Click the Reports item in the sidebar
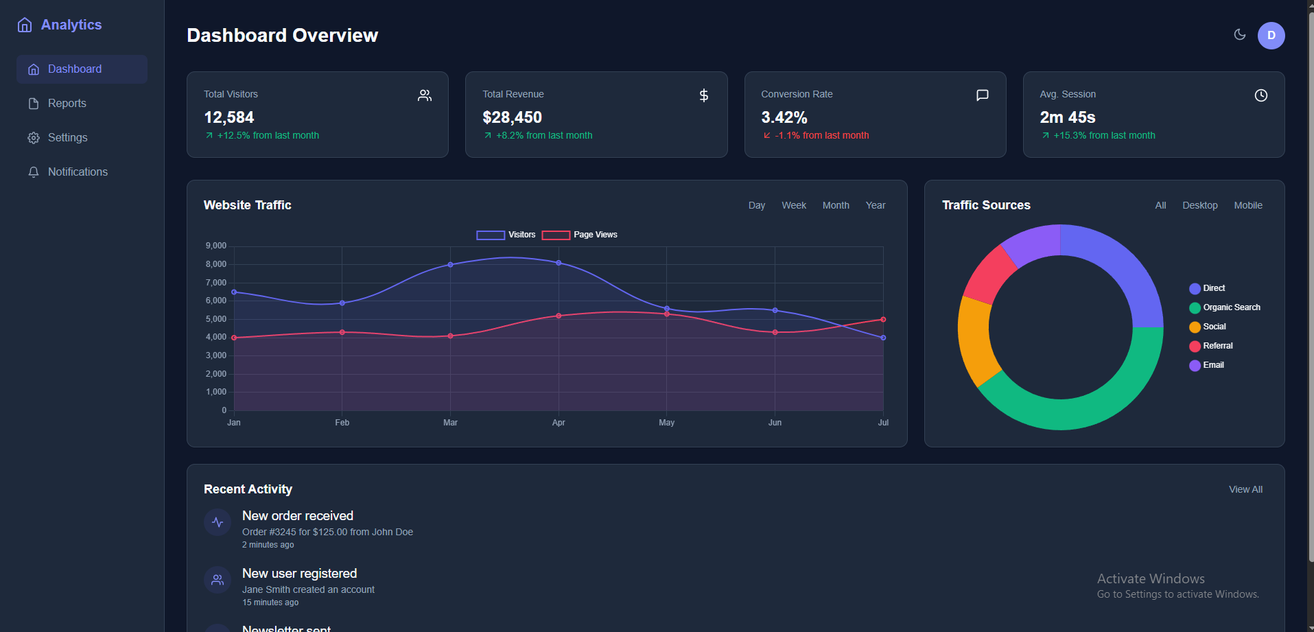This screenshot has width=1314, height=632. (x=67, y=104)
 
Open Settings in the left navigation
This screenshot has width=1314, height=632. (x=67, y=138)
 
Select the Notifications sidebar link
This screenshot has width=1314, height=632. (x=78, y=172)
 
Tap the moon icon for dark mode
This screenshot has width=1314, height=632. (x=1239, y=34)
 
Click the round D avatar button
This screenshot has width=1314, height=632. (x=1271, y=36)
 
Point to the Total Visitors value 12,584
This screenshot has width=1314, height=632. (x=229, y=117)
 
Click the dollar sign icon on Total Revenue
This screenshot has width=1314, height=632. (x=703, y=95)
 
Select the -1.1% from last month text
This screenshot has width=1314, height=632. (x=821, y=136)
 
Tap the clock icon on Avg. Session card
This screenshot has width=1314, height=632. (x=1260, y=95)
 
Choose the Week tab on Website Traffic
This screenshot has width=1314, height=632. (x=793, y=206)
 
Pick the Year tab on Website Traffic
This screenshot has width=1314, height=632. (x=875, y=206)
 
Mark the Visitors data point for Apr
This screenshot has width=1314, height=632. (x=559, y=263)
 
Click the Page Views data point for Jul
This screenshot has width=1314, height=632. (x=883, y=319)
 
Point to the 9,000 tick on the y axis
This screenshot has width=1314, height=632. (x=216, y=246)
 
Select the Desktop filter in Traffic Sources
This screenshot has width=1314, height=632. (x=1199, y=206)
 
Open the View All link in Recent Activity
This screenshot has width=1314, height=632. (x=1245, y=490)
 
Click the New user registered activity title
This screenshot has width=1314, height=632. (x=299, y=574)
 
